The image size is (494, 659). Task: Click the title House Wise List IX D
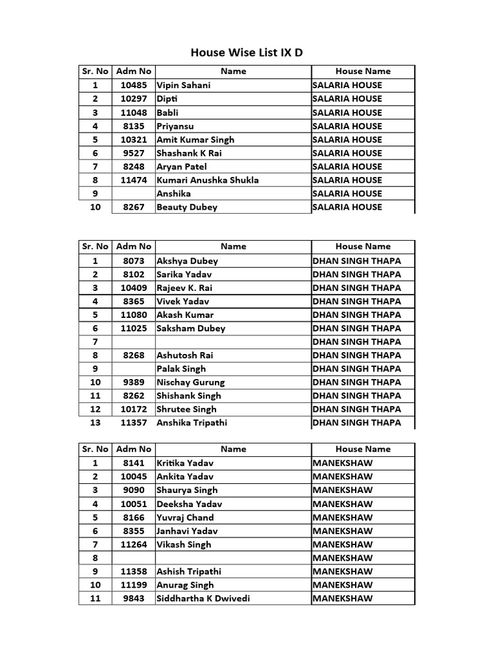pyautogui.click(x=246, y=53)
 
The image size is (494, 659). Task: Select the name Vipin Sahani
pyautogui.click(x=183, y=85)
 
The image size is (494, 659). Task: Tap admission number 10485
pyautogui.click(x=134, y=85)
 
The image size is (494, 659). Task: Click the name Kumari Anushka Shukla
pyautogui.click(x=208, y=180)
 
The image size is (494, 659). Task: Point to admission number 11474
pyautogui.click(x=134, y=180)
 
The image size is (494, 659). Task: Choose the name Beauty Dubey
pyautogui.click(x=187, y=207)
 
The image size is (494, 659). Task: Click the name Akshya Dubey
pyautogui.click(x=187, y=261)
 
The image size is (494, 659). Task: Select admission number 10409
pyautogui.click(x=134, y=288)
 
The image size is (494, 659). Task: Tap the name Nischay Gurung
pyautogui.click(x=190, y=382)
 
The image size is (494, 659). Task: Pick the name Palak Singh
pyautogui.click(x=181, y=369)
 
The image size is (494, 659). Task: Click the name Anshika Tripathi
pyautogui.click(x=192, y=423)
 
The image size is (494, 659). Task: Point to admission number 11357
pyautogui.click(x=134, y=423)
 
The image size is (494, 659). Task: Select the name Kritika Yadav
pyautogui.click(x=185, y=463)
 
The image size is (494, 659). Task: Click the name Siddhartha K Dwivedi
pyautogui.click(x=203, y=599)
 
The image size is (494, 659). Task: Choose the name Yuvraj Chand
pyautogui.click(x=185, y=517)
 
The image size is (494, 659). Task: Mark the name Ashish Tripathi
pyautogui.click(x=189, y=571)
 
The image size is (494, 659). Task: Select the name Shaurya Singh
pyautogui.click(x=187, y=490)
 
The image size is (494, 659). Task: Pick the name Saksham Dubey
pyautogui.click(x=191, y=328)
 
